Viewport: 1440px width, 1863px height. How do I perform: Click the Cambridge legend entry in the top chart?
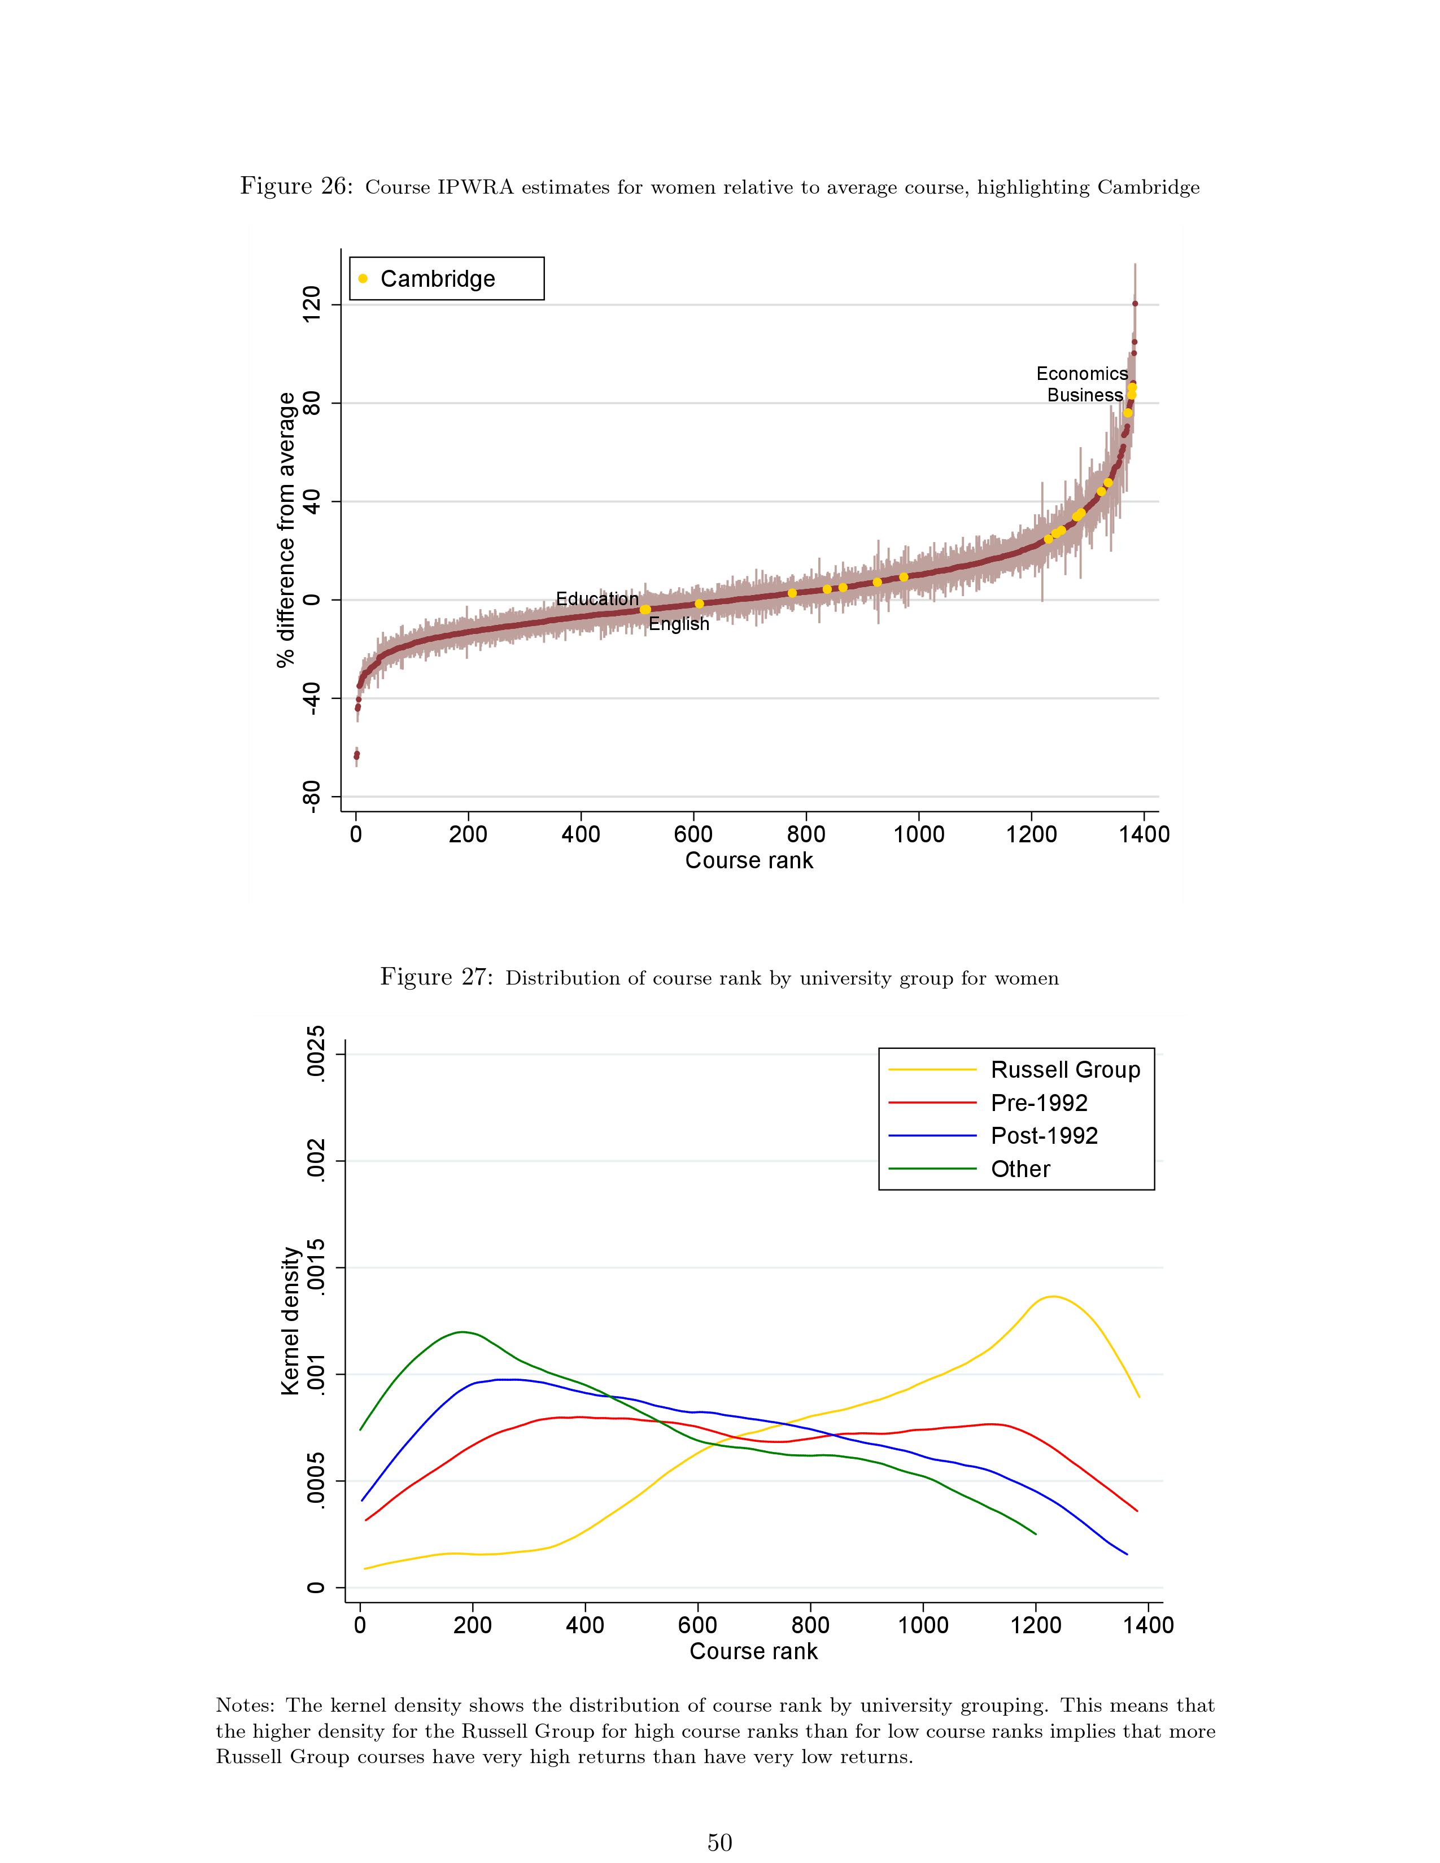[437, 279]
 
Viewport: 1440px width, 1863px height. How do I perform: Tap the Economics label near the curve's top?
[1082, 374]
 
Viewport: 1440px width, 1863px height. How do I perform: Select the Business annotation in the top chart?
[1084, 395]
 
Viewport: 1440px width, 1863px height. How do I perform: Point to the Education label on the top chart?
[596, 599]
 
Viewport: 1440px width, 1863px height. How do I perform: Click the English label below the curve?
[678, 624]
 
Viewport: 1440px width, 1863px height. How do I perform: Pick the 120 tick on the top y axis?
[312, 304]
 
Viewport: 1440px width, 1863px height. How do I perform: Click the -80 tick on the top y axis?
[312, 796]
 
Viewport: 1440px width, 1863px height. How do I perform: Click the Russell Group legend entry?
[1064, 1070]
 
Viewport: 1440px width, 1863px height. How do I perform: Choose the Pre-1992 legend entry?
[1039, 1103]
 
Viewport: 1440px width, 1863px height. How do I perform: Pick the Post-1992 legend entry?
[1044, 1135]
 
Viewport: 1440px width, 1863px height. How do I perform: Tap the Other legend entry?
[1020, 1169]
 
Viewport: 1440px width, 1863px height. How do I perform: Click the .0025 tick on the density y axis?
[316, 1055]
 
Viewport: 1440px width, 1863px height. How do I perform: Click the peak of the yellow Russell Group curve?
[1054, 1297]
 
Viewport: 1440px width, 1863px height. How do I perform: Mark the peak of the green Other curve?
[461, 1332]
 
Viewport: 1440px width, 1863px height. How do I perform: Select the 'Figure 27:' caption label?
[436, 977]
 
